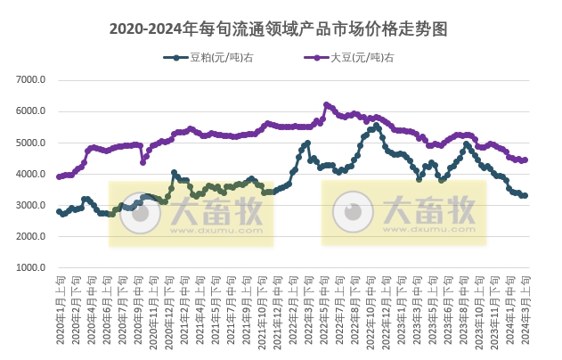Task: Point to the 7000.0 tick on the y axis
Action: point(31,80)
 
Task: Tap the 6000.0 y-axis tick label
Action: point(31,111)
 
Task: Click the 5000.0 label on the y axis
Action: point(31,143)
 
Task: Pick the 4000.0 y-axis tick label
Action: point(31,175)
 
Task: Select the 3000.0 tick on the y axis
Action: point(31,206)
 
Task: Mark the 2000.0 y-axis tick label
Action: point(31,237)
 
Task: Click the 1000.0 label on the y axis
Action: point(31,268)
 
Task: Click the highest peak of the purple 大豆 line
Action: point(326,104)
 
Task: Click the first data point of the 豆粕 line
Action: point(59,211)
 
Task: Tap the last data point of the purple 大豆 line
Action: point(526,160)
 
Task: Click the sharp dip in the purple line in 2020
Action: point(143,162)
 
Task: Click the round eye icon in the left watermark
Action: point(137,214)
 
